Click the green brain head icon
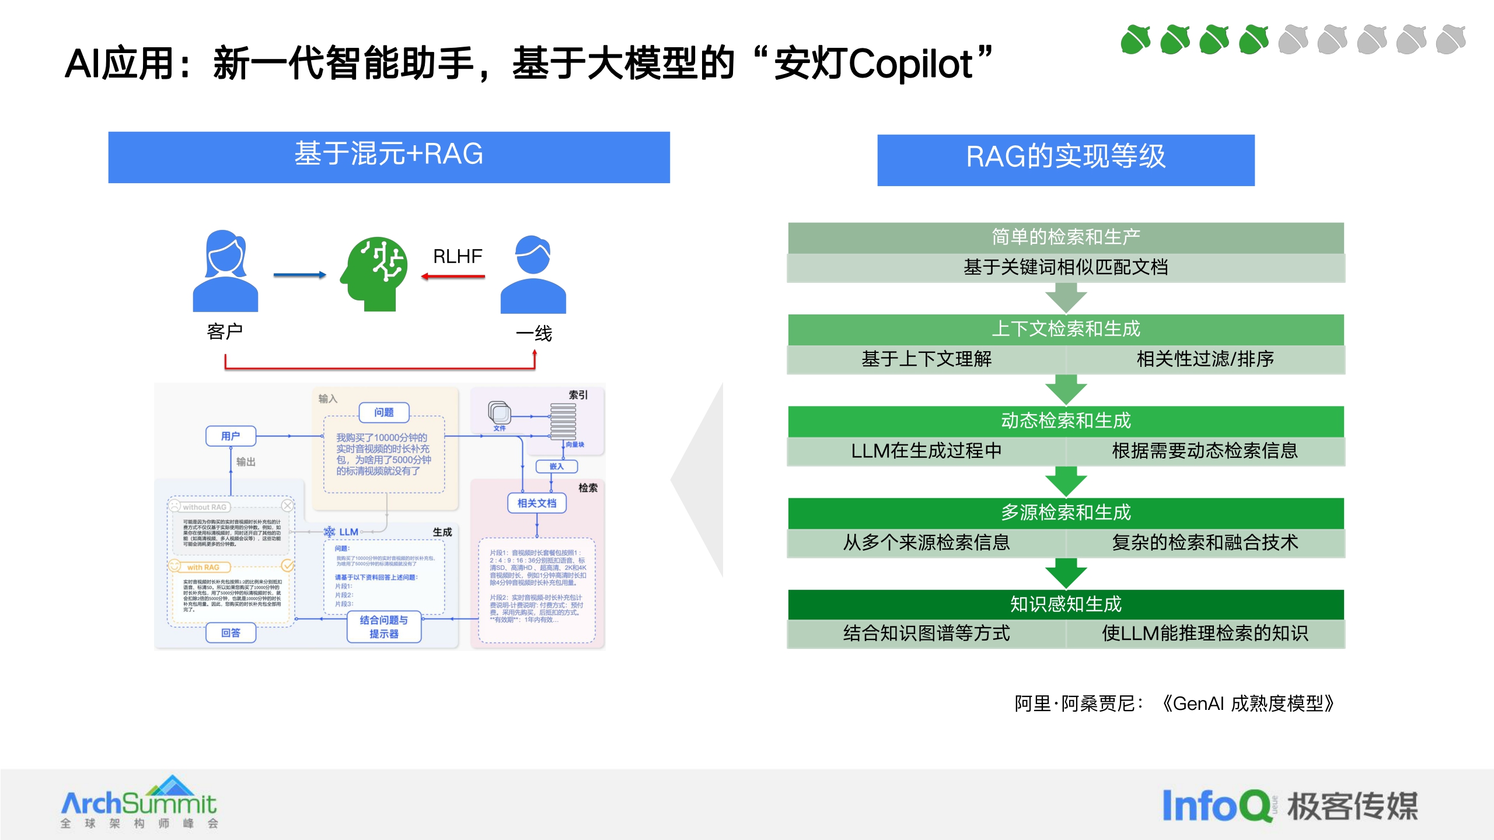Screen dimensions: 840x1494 (x=375, y=273)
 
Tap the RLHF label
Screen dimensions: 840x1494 (x=458, y=256)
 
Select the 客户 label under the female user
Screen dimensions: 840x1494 (x=225, y=331)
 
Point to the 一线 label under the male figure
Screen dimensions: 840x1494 (x=534, y=334)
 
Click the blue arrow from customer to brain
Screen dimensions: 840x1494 (x=299, y=275)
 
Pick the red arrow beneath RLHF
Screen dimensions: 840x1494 (x=453, y=276)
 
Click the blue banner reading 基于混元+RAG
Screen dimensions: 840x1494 (x=389, y=157)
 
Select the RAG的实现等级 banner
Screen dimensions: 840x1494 (x=1066, y=160)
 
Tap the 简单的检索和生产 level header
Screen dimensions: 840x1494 (x=1066, y=237)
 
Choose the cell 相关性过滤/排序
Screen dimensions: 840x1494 (x=1205, y=359)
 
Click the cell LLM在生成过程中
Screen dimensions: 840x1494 (x=926, y=451)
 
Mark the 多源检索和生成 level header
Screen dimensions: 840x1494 (x=1066, y=513)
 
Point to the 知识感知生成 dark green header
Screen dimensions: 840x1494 (x=1066, y=604)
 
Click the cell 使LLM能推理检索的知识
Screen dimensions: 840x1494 (x=1205, y=633)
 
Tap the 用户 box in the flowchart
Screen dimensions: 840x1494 (x=231, y=436)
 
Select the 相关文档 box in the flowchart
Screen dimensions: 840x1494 (x=537, y=503)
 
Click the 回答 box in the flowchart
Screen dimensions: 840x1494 (x=231, y=632)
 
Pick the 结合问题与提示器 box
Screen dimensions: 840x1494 (x=384, y=627)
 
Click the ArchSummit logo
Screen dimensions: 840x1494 (x=139, y=803)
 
